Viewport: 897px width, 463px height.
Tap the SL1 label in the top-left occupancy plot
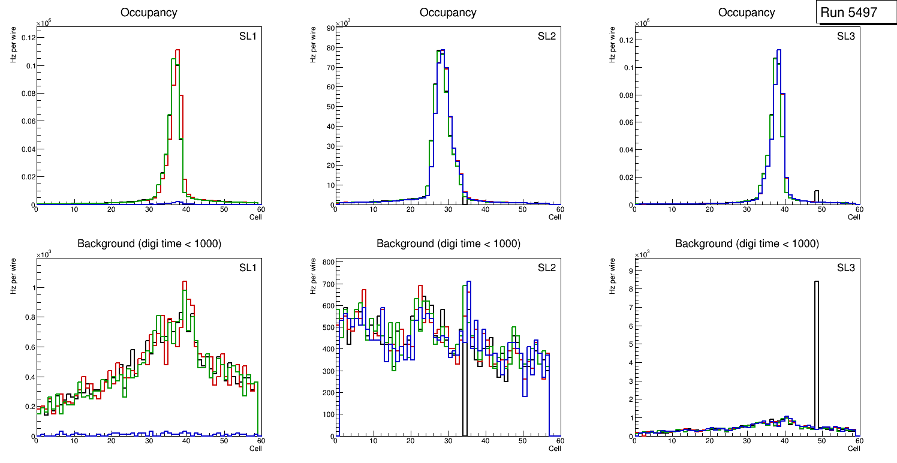point(248,37)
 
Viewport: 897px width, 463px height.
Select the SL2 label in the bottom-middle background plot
point(547,267)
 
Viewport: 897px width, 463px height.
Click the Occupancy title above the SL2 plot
point(448,13)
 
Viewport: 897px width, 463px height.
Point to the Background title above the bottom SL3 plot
point(747,243)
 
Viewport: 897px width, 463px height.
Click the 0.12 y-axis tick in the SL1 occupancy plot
point(28,38)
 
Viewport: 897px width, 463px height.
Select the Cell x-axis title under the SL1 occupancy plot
point(255,217)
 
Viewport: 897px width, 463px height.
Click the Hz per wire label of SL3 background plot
point(613,275)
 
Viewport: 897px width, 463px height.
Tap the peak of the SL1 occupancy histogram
point(177,50)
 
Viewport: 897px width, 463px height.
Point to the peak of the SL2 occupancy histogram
point(441,50)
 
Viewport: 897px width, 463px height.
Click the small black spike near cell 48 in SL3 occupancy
point(816,191)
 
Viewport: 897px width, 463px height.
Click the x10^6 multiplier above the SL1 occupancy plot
point(43,23)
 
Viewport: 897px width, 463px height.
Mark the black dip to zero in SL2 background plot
point(464,390)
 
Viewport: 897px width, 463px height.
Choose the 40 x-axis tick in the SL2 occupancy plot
point(485,209)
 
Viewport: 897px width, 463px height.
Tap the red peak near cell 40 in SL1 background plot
point(184,281)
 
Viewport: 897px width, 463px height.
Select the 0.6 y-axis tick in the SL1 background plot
point(28,347)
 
